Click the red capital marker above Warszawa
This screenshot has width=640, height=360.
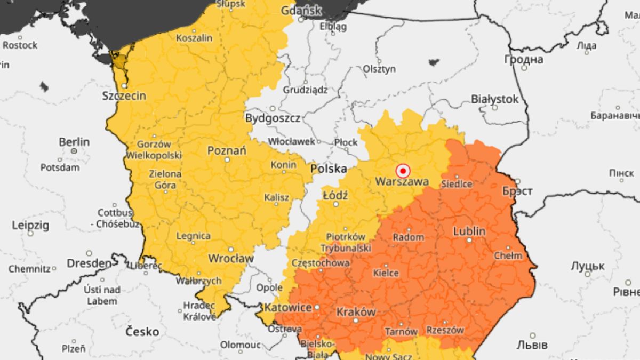coord(403,171)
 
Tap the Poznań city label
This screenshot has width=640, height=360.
coord(227,151)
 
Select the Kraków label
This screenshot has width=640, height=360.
coord(356,312)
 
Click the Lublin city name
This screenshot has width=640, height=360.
coord(469,231)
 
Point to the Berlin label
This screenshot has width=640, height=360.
coord(74,142)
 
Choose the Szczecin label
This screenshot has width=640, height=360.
coord(124,96)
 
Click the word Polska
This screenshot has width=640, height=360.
coord(329,169)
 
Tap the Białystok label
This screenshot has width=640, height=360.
coord(494,99)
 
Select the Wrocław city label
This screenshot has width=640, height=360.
coord(230,258)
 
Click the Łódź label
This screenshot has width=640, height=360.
coord(335,196)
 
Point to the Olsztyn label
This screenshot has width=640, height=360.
coord(379,69)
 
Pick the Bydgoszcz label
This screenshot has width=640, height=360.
coord(272,118)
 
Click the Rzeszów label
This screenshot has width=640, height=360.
coord(446,330)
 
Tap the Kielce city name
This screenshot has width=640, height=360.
coord(386,273)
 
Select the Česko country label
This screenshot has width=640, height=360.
coord(142,332)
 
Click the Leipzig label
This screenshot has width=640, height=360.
coord(30,225)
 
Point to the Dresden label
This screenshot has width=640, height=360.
coord(89,263)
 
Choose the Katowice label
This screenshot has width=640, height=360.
coord(288,308)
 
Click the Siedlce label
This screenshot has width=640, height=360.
coord(457,184)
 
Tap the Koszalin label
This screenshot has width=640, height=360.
coord(194,38)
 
